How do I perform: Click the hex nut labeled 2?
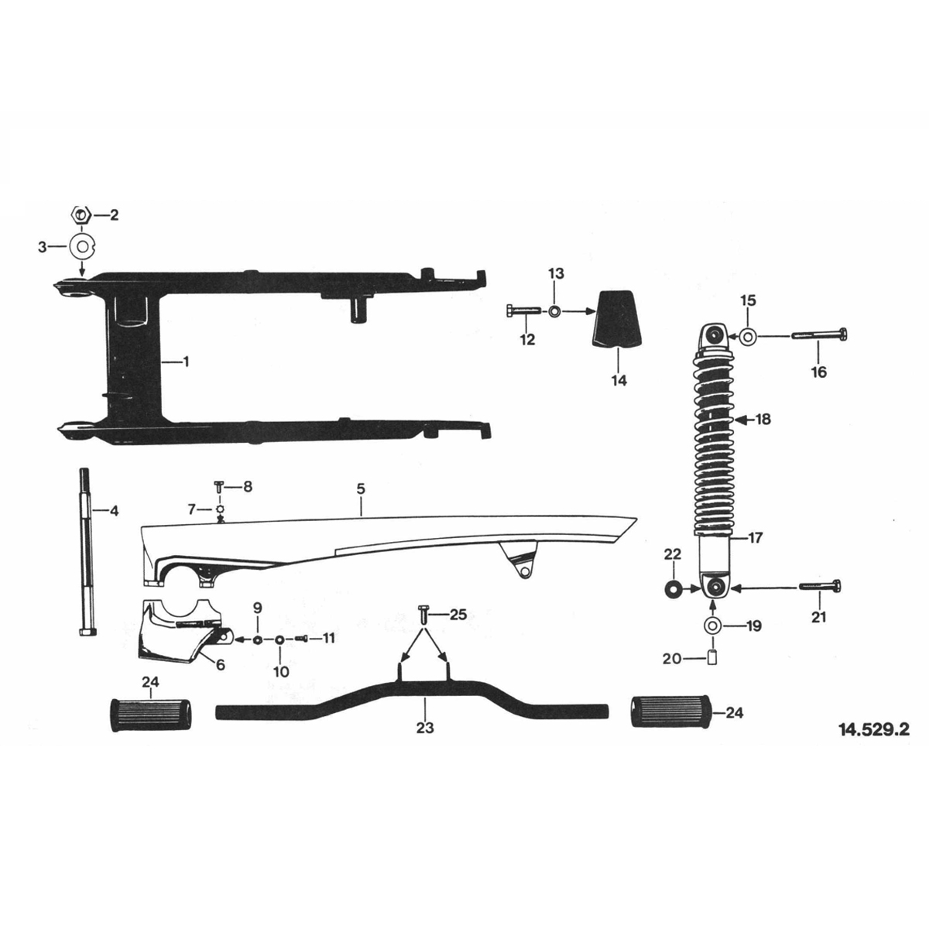tap(81, 214)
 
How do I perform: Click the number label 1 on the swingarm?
tap(185, 362)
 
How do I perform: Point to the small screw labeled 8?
tap(220, 488)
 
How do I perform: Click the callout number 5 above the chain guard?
tap(361, 489)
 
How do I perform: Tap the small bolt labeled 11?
tap(302, 639)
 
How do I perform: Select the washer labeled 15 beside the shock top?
tap(748, 337)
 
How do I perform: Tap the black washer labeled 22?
tap(671, 589)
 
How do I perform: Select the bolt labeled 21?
tap(820, 588)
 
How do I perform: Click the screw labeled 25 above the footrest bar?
tap(423, 615)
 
